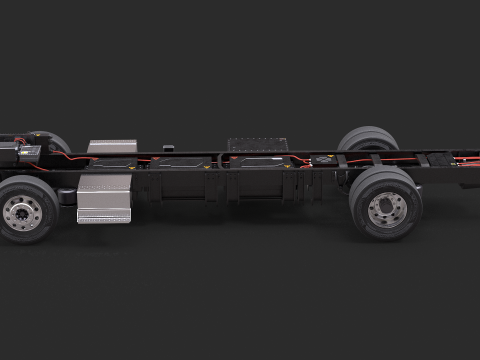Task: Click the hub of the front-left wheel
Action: point(21,211)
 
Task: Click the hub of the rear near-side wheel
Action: point(385,209)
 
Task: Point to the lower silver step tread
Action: point(104,216)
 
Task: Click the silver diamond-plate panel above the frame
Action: point(112,147)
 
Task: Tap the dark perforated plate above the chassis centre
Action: point(257,144)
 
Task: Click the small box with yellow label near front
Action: point(27,151)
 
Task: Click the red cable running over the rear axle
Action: point(380,157)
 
